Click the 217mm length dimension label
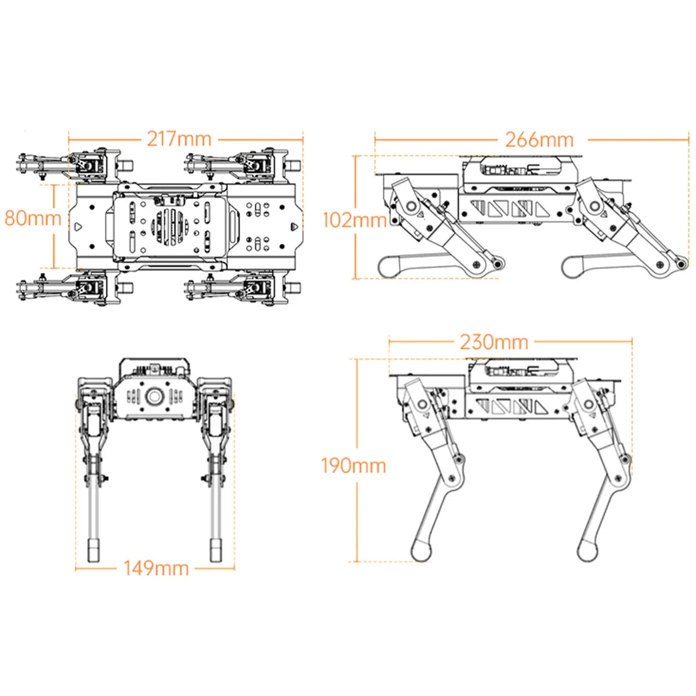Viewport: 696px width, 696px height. pos(179,139)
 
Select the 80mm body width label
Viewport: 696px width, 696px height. pos(32,218)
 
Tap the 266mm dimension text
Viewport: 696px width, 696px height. pos(539,140)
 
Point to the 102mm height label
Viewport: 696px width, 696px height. pos(354,220)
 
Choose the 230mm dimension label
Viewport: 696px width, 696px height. pos(494,342)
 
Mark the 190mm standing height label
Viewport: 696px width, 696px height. pos(354,465)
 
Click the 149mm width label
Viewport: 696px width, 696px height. pos(156,568)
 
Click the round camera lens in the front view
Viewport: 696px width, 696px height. pos(155,397)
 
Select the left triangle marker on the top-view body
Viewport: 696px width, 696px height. pos(78,226)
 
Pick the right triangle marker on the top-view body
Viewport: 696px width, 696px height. pos(294,226)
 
